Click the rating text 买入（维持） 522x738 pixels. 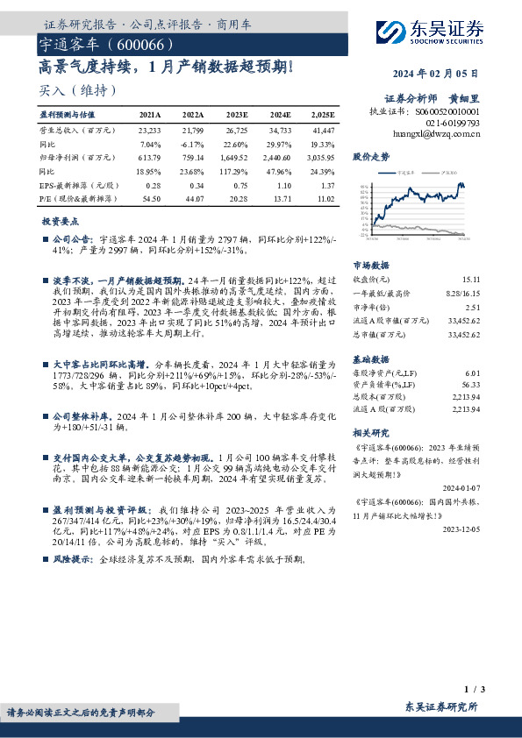[x=78, y=90]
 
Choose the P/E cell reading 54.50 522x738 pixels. [x=150, y=201]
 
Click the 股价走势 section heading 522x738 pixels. [x=370, y=157]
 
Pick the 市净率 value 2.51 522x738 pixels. [x=472, y=308]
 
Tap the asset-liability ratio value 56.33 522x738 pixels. [x=471, y=384]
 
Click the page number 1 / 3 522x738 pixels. [x=472, y=689]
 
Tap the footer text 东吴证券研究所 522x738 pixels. [x=441, y=706]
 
